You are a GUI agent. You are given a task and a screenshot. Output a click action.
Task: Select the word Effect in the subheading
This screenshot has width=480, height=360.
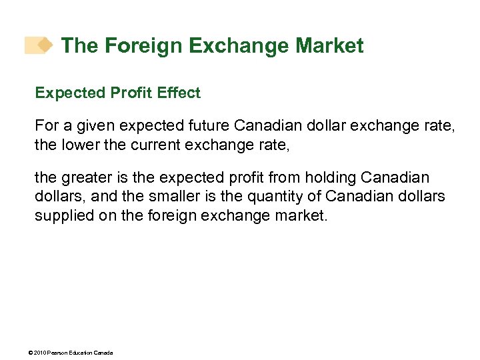point(178,93)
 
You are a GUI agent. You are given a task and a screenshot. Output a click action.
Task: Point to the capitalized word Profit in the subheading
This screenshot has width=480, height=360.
point(130,93)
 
